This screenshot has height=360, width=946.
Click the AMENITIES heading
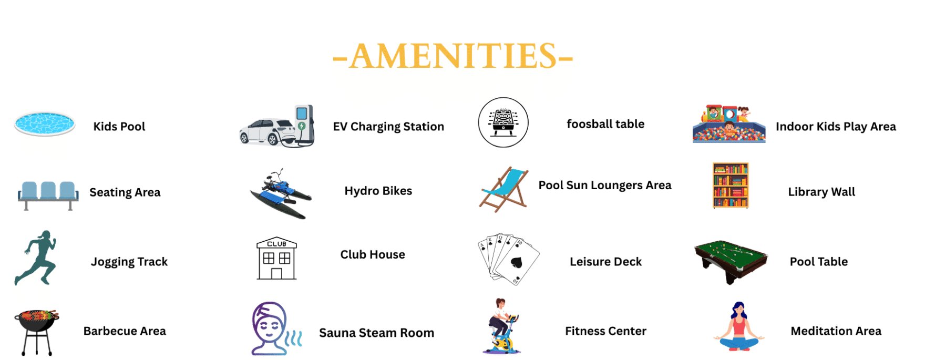[453, 56]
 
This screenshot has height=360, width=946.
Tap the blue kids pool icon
[45, 124]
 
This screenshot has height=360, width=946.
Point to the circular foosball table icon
[503, 122]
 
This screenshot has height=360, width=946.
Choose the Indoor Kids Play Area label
[836, 127]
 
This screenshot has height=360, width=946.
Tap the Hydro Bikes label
[378, 191]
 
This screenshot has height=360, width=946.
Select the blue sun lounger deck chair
[504, 189]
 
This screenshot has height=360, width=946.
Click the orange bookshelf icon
[731, 186]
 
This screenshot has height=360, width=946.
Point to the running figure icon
[36, 258]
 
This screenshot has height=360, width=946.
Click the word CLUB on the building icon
[276, 244]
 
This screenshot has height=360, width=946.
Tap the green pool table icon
[731, 261]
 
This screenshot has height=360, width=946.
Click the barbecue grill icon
[37, 332]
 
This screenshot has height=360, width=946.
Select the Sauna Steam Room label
[376, 333]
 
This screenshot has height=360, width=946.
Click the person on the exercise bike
[501, 326]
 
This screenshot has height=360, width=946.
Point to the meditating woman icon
[739, 326]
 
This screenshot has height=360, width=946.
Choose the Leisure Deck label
[605, 262]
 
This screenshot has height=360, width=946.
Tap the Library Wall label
[821, 192]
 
